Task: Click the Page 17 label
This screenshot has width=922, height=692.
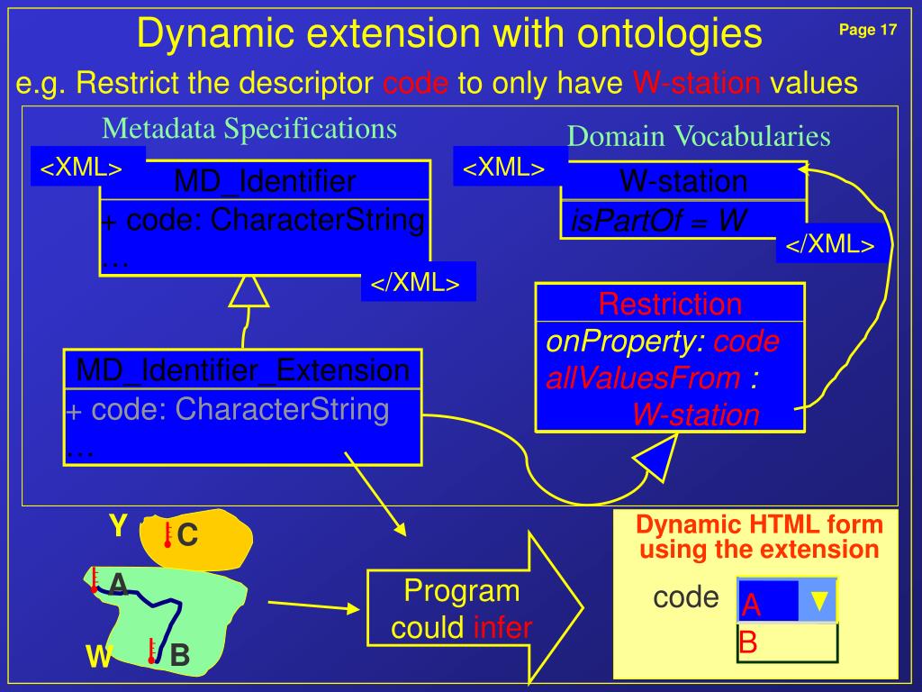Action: (x=867, y=31)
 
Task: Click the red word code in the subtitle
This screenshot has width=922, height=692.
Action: (x=415, y=84)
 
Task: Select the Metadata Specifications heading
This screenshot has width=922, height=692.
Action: (x=249, y=129)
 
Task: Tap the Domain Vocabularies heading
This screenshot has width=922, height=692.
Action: (x=699, y=136)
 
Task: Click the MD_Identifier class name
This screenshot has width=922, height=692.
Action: (x=265, y=182)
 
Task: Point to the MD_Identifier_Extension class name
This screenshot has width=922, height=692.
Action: (x=243, y=369)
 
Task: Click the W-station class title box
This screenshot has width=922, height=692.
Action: (x=683, y=181)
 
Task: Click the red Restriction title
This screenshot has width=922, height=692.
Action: (x=670, y=304)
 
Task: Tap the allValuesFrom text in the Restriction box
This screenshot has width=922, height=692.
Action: (x=643, y=378)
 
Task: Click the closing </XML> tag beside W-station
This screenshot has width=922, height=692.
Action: (x=830, y=245)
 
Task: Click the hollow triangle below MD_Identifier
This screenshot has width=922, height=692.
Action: (x=249, y=291)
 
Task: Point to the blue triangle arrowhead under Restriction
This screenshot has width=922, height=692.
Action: (x=658, y=459)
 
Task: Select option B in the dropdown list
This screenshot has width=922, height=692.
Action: (x=748, y=643)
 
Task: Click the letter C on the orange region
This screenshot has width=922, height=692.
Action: (x=187, y=535)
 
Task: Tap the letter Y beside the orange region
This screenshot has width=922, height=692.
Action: (x=118, y=524)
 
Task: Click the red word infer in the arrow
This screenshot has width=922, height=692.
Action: (x=502, y=628)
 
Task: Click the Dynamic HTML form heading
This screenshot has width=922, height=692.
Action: (x=759, y=537)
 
